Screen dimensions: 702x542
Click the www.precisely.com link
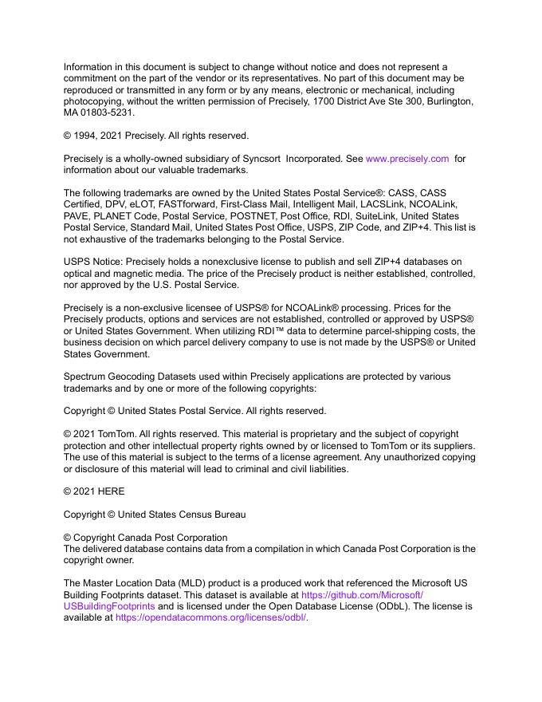407,159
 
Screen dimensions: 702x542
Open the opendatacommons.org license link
211,617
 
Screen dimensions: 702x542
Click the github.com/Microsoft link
362,594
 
